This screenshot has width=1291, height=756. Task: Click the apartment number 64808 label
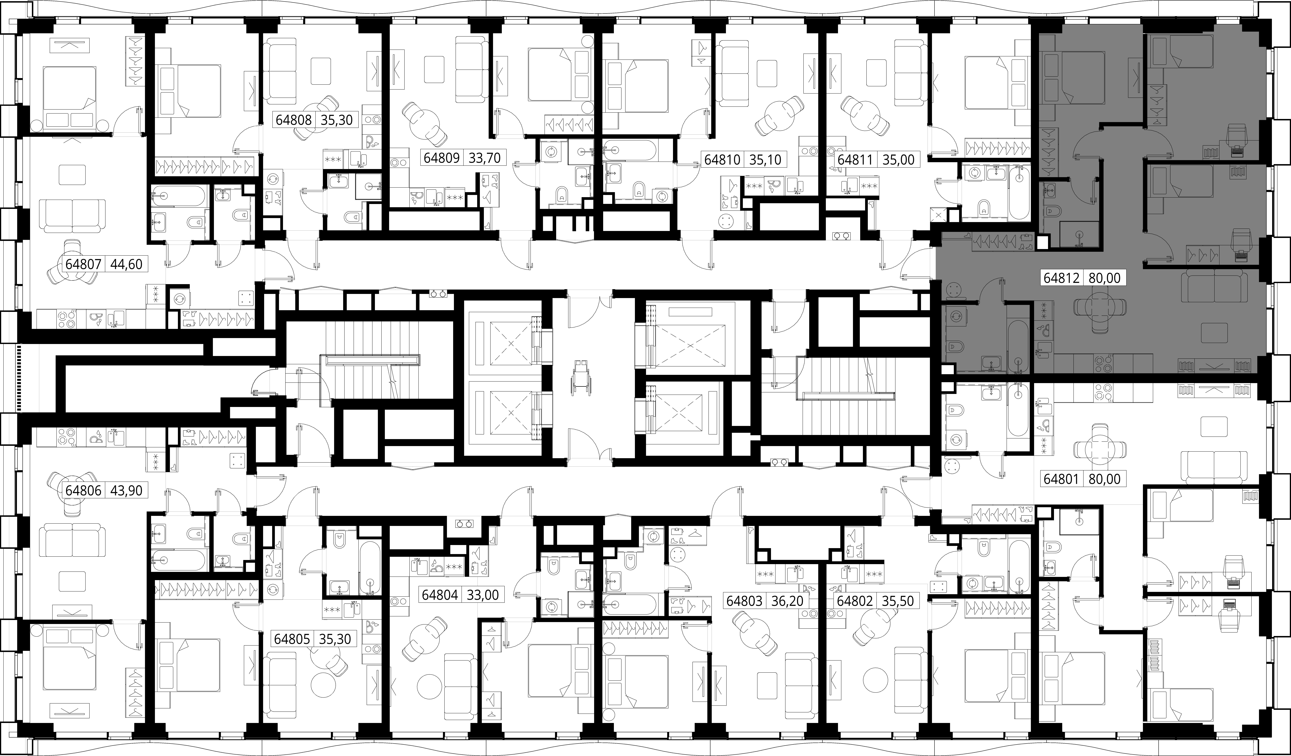click(294, 120)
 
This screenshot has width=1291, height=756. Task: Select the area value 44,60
click(126, 264)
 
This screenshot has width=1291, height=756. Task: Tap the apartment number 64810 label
click(722, 159)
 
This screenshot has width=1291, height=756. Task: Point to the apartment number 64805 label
click(292, 639)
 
